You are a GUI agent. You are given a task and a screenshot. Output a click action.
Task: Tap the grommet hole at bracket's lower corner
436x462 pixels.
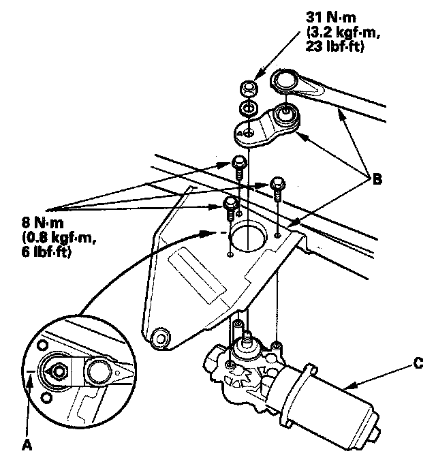point(161,335)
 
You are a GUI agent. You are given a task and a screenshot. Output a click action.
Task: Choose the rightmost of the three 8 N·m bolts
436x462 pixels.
point(278,185)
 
